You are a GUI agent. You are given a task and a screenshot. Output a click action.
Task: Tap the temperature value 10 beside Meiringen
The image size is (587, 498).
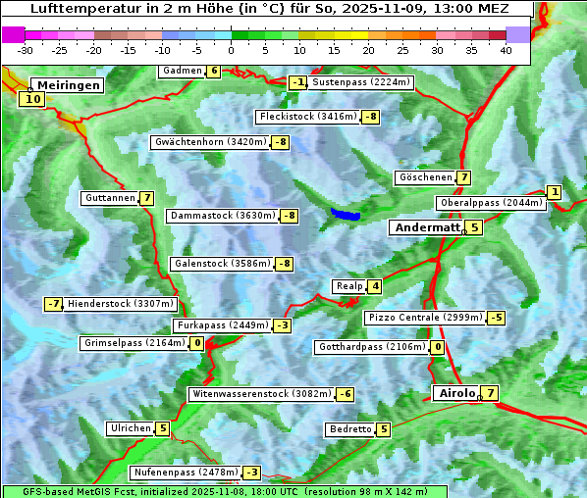point(32,99)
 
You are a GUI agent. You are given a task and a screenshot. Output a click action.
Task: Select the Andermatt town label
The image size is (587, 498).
point(426,227)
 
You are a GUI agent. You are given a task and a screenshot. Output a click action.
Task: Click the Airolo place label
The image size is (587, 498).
point(455,394)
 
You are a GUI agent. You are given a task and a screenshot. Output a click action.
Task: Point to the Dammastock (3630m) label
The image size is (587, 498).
point(221,216)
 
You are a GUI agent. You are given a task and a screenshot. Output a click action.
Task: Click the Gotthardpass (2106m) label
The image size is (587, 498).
point(371,347)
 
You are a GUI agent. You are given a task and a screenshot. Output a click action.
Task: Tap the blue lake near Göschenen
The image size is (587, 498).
point(346,214)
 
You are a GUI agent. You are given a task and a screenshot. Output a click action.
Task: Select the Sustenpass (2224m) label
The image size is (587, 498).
point(360,82)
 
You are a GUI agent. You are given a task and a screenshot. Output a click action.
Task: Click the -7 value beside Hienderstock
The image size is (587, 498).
point(53,304)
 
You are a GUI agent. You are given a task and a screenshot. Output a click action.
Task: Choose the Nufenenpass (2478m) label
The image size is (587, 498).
point(185,473)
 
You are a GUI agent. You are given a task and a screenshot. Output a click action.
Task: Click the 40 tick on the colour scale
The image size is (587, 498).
point(506,50)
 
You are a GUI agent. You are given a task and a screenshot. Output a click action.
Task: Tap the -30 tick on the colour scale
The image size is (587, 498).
point(26,50)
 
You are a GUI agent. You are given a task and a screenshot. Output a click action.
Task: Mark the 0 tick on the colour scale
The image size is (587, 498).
point(232,50)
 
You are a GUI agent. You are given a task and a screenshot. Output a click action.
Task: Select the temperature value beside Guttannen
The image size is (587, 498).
point(147,198)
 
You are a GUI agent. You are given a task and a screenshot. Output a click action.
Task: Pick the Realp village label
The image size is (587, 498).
point(348,286)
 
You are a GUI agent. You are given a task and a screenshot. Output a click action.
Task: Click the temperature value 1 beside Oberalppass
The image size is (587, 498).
point(555,192)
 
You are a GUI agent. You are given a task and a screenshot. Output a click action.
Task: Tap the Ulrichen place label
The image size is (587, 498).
point(131,428)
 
